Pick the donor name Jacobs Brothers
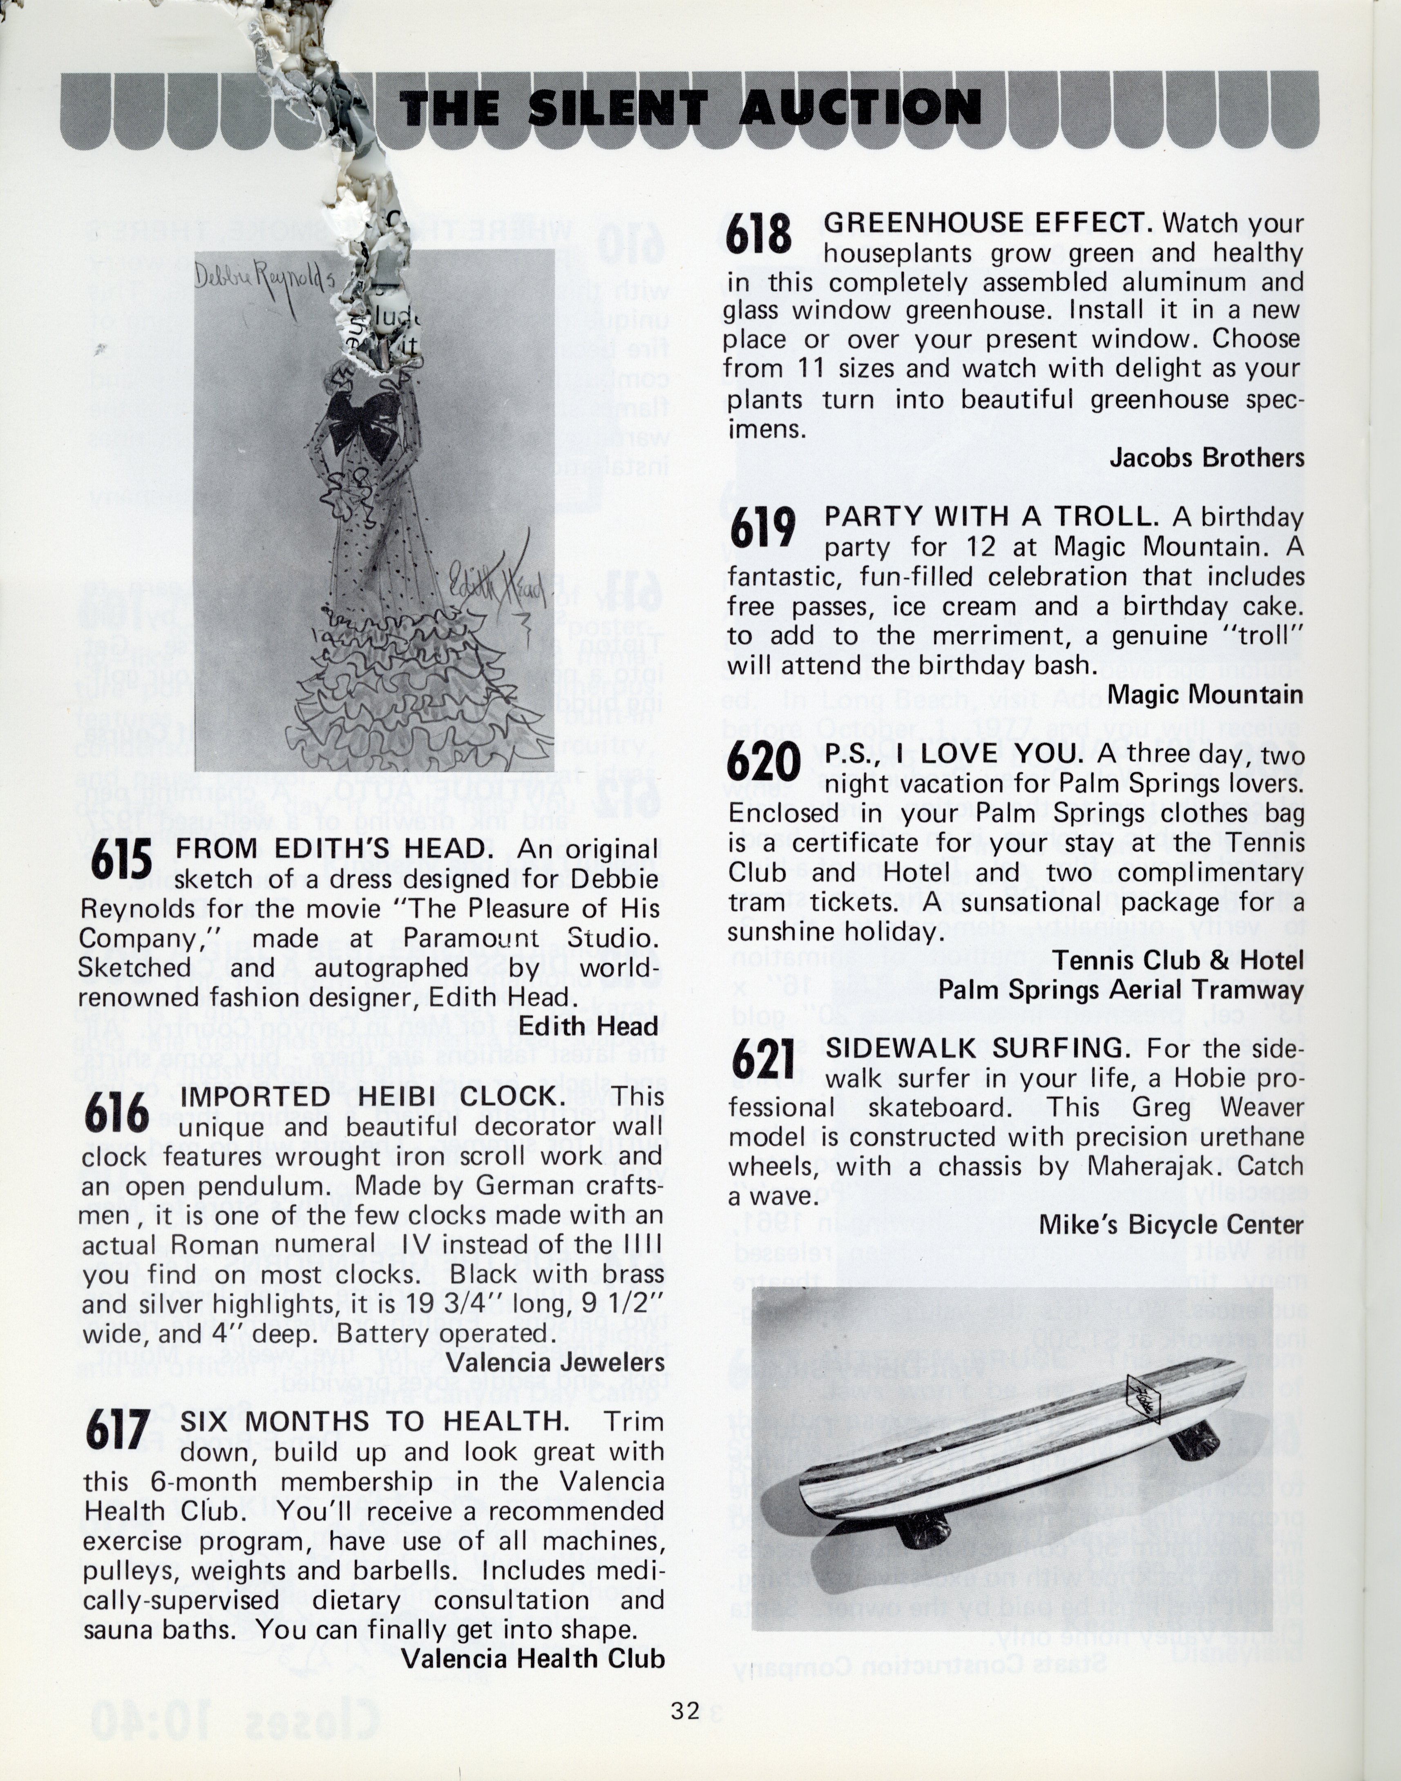[1206, 457]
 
